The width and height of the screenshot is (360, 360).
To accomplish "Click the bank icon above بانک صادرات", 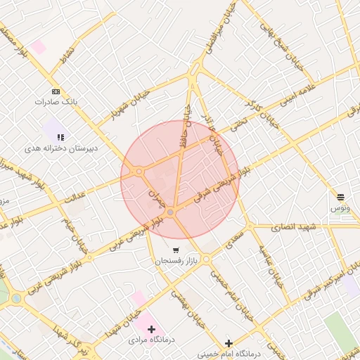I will (56, 91).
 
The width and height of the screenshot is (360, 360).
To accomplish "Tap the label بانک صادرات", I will (56, 102).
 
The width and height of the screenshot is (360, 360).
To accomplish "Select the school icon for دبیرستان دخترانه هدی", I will (61, 137).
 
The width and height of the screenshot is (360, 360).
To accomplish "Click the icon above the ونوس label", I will (340, 197).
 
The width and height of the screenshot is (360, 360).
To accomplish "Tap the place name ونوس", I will (340, 209).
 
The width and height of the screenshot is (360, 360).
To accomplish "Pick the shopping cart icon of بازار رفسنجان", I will (176, 250).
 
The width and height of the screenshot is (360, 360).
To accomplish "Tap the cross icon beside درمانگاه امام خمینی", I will (228, 343).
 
